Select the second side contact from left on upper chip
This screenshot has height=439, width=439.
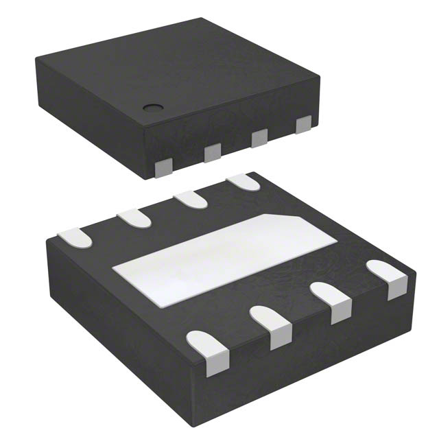coord(213,153)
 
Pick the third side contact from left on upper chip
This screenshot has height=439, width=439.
coord(259,139)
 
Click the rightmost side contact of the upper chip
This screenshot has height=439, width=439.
coord(302,125)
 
